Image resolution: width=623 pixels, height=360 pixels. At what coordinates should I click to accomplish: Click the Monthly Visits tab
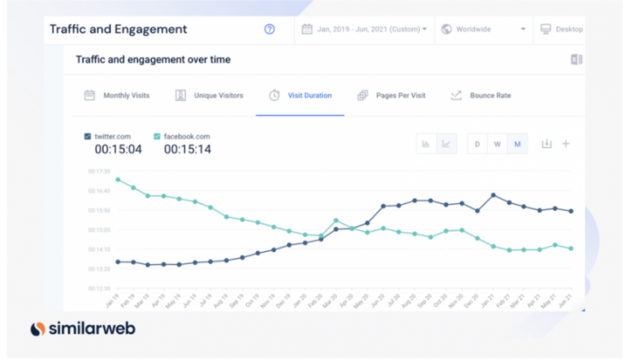pos(117,95)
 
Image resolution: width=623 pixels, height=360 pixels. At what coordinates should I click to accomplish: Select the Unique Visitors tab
pos(210,95)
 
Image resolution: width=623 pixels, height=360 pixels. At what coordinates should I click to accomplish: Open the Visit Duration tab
pos(301,95)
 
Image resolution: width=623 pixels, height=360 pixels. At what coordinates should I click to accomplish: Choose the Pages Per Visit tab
pos(392,95)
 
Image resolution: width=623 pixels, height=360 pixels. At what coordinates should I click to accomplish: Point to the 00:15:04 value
pos(117,150)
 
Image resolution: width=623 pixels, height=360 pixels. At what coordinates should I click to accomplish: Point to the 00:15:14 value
pos(188,150)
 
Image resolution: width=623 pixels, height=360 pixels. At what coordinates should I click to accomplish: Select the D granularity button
pos(477,144)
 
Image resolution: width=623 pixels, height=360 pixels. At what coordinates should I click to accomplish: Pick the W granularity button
pos(497,144)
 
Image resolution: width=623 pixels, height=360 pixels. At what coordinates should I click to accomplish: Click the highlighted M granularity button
pos(517,144)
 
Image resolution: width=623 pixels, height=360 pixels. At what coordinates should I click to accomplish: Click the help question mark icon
pos(270,29)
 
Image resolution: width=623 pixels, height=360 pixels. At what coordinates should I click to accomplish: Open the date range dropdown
pos(364,29)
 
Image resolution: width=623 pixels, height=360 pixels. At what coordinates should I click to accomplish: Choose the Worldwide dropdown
pos(482,29)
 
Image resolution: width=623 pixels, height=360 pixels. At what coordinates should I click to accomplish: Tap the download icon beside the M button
pos(546,144)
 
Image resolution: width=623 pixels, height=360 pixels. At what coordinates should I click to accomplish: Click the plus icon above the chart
pos(566,144)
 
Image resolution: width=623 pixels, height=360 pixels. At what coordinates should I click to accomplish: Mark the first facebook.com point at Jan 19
pos(117,180)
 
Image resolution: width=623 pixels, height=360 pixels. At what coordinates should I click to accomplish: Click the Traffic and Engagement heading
pos(118,29)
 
